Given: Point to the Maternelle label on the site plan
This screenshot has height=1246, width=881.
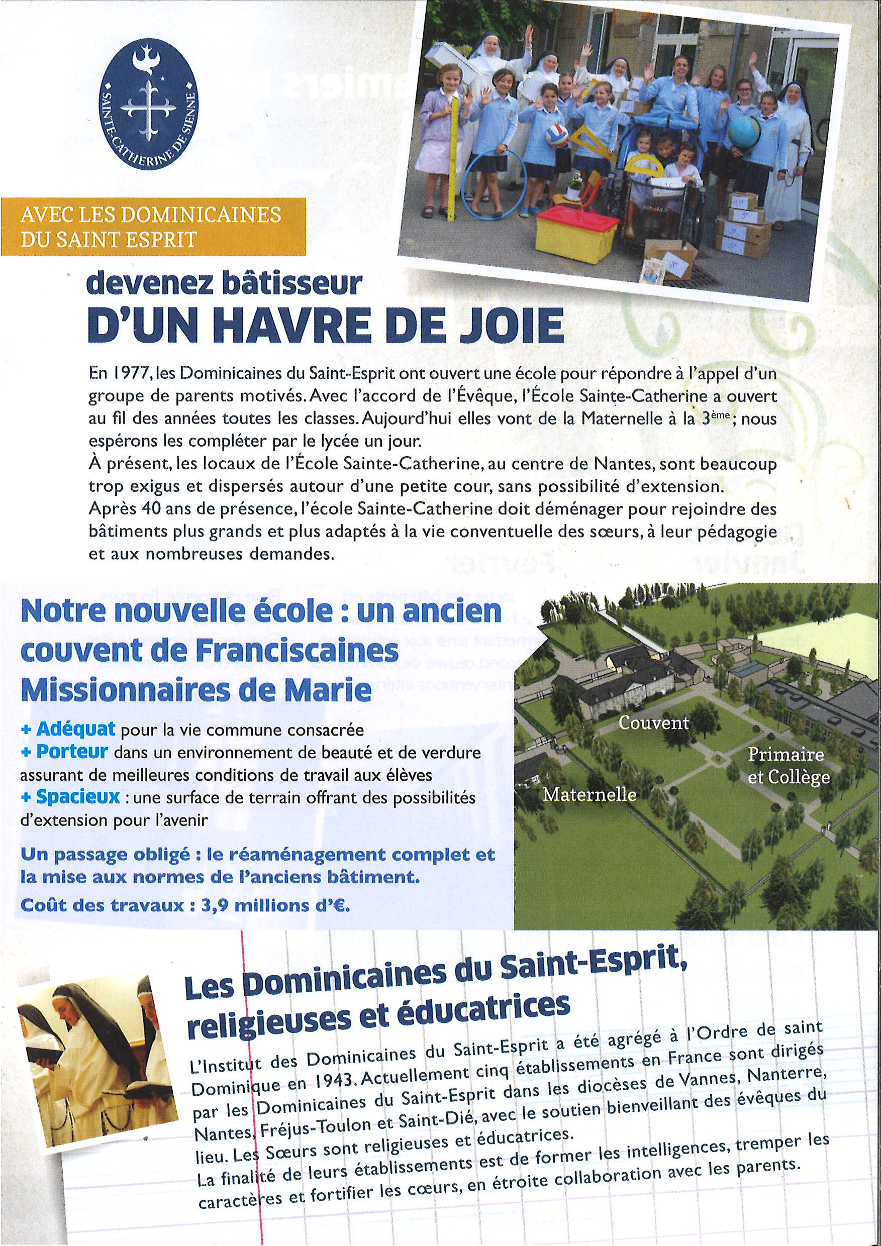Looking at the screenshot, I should point(590,794).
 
